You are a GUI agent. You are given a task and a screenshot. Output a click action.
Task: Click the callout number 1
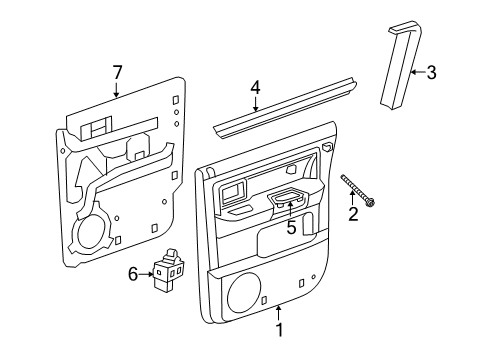tap(280, 329)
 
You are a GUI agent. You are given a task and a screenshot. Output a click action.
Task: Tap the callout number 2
tap(352, 213)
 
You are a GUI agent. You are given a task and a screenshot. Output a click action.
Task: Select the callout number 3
tap(432, 72)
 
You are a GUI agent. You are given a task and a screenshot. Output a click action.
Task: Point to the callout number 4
tap(255, 87)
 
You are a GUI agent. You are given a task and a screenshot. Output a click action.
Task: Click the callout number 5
tap(291, 226)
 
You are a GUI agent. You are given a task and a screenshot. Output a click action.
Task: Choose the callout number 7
tap(117, 73)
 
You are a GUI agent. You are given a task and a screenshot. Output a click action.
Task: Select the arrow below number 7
tap(117, 91)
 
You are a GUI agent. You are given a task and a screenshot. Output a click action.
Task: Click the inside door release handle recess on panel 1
tap(237, 193)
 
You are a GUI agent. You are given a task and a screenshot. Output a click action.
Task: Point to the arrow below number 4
tap(255, 105)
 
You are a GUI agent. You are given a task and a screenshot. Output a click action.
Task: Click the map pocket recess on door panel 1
tap(281, 241)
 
